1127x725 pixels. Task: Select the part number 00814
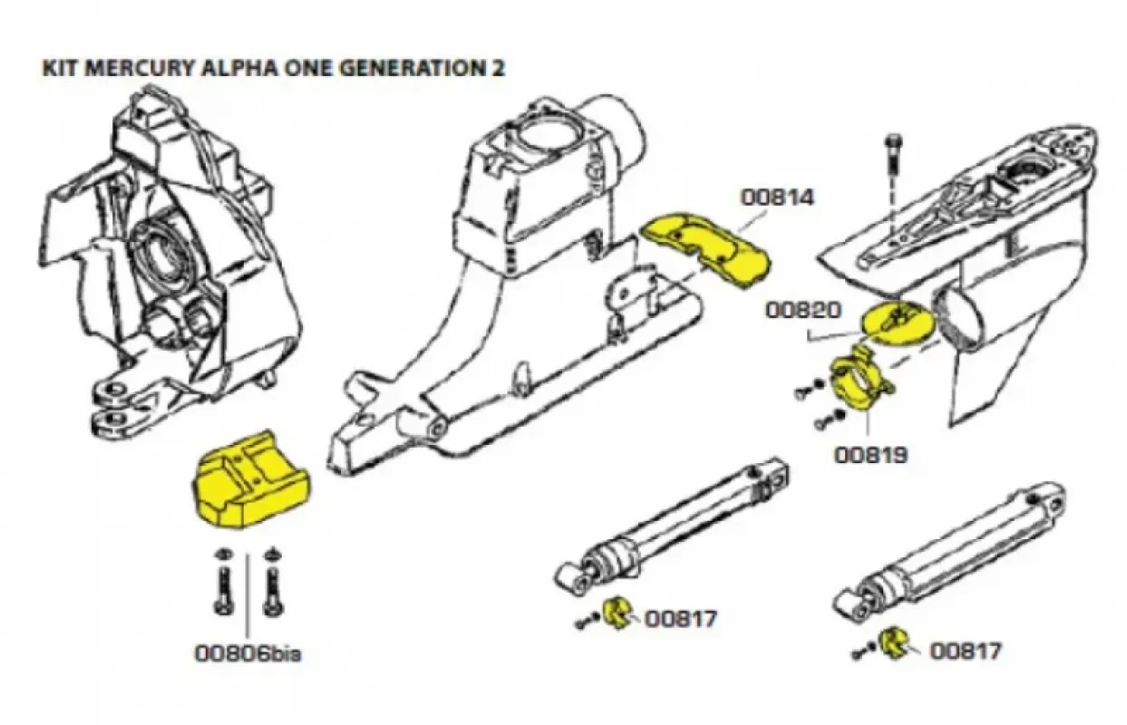pyautogui.click(x=777, y=196)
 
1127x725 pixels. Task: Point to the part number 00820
pyautogui.click(x=802, y=310)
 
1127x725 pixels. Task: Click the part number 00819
pyautogui.click(x=870, y=452)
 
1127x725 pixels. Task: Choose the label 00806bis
pyautogui.click(x=248, y=652)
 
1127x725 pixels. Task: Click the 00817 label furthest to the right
pyautogui.click(x=966, y=650)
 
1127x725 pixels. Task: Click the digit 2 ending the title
pyautogui.click(x=499, y=70)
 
